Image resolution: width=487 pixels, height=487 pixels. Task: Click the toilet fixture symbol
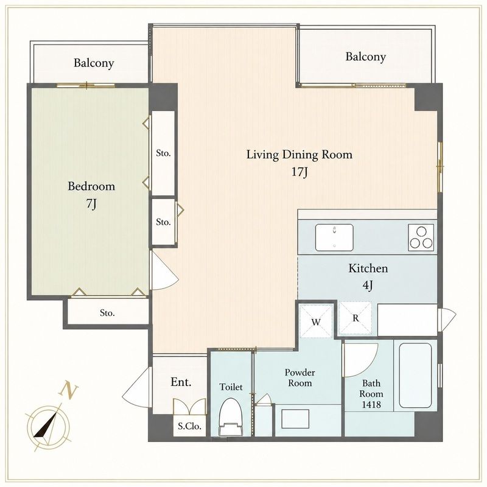point(231,416)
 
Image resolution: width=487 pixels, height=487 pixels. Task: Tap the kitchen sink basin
point(334,237)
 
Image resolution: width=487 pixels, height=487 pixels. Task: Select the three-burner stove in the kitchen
point(421,237)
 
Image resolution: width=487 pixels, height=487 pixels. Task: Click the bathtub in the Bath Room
point(415,375)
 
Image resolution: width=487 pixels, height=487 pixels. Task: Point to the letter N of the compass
point(69,390)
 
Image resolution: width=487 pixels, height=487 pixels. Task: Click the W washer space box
point(316,321)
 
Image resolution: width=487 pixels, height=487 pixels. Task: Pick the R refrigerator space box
point(356,318)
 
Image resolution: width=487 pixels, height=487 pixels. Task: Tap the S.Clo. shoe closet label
point(189,426)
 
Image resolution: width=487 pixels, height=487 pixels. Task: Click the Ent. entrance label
point(181,382)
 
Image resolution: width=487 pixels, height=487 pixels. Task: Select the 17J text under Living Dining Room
point(300,172)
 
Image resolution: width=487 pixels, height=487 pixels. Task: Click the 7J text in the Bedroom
point(91,203)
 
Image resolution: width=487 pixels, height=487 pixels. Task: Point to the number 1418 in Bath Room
point(371,404)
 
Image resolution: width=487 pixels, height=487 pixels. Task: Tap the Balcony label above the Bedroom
point(94,63)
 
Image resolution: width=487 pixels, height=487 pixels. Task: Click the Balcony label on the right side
point(366,57)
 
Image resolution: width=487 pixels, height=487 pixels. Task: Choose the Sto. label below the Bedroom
point(107,313)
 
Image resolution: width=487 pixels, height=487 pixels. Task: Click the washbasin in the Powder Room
point(295,419)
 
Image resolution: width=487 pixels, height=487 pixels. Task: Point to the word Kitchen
point(368,268)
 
